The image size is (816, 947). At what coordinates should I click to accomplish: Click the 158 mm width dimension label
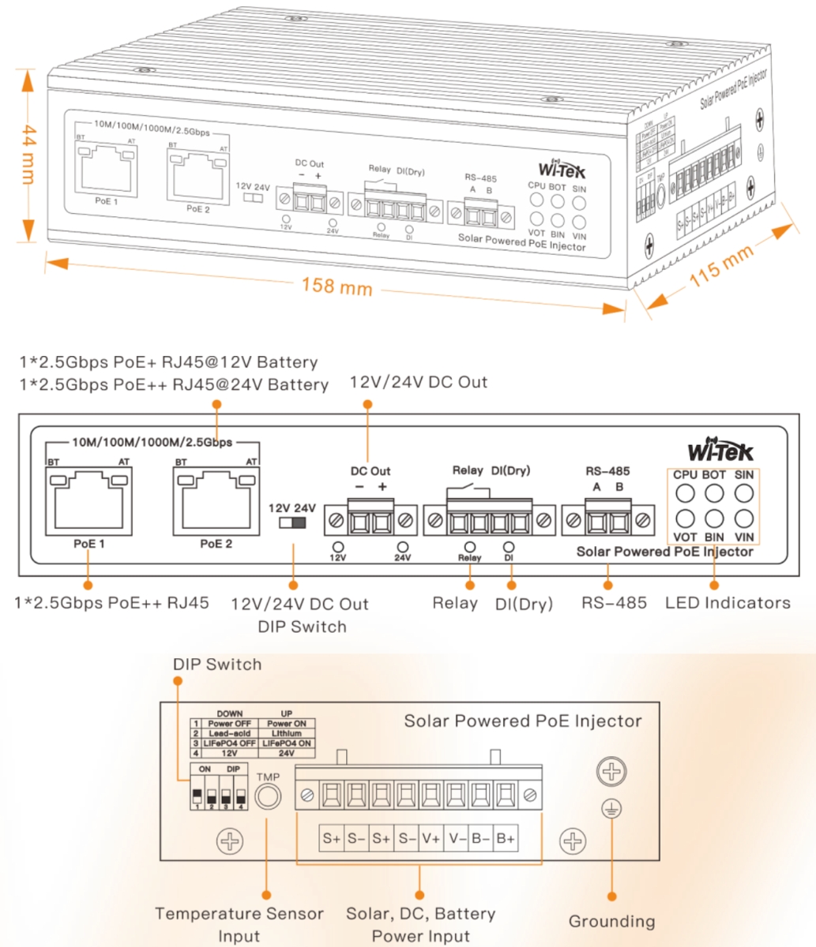pyautogui.click(x=337, y=286)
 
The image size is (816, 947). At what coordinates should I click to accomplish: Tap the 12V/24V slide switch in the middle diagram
pyautogui.click(x=292, y=522)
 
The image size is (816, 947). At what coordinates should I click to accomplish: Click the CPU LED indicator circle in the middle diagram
pyautogui.click(x=685, y=494)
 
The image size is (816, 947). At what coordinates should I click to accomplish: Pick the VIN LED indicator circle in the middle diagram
pyautogui.click(x=743, y=518)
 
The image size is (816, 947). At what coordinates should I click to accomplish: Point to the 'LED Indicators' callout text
pyautogui.click(x=728, y=603)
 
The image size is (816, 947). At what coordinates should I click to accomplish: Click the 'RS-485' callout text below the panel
pyautogui.click(x=614, y=603)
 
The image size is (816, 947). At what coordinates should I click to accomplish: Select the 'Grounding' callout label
pyautogui.click(x=611, y=921)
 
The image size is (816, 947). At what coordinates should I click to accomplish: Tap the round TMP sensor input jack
pyautogui.click(x=269, y=797)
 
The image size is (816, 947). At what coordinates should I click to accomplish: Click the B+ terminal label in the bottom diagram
pyautogui.click(x=505, y=838)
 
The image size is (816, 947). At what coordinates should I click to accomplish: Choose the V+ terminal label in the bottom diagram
pyautogui.click(x=431, y=838)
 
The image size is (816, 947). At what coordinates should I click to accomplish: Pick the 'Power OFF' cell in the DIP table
pyautogui.click(x=230, y=723)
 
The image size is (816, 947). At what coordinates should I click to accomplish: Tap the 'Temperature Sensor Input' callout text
pyautogui.click(x=239, y=924)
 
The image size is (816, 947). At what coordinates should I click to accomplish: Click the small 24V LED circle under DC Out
pyautogui.click(x=403, y=546)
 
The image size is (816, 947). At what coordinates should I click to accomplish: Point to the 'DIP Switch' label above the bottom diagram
pyautogui.click(x=217, y=664)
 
